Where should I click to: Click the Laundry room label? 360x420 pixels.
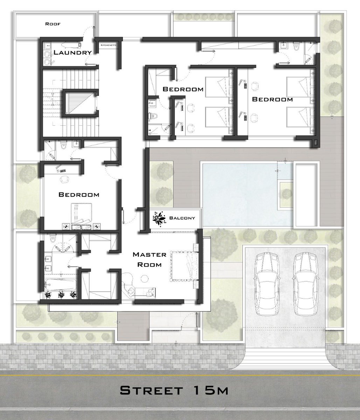click(x=72, y=52)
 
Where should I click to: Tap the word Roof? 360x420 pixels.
click(x=53, y=24)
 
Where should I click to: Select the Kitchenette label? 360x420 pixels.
click(x=109, y=45)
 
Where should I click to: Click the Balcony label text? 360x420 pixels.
click(x=182, y=218)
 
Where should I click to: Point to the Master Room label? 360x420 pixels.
click(x=150, y=259)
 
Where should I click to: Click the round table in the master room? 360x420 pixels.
click(x=145, y=278)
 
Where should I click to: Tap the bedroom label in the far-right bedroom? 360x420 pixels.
click(x=272, y=99)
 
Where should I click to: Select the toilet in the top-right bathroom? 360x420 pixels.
click(x=296, y=47)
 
